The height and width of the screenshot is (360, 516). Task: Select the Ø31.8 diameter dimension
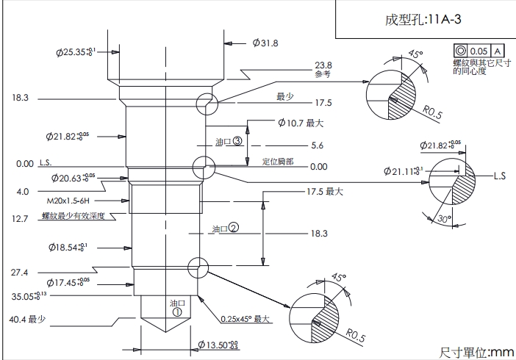pyautogui.click(x=265, y=43)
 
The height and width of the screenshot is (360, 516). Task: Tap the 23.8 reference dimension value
pyautogui.click(x=323, y=65)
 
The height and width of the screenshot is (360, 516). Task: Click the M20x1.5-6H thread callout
pyautogui.click(x=72, y=200)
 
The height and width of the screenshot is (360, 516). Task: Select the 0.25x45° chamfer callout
pyautogui.click(x=247, y=320)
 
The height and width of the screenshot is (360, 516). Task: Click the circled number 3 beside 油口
pyautogui.click(x=237, y=141)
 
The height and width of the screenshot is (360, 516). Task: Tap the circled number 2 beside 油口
pyautogui.click(x=233, y=228)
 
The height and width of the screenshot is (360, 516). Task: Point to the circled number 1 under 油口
pyautogui.click(x=177, y=311)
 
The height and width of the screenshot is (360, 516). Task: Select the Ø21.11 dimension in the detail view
pyautogui.click(x=404, y=171)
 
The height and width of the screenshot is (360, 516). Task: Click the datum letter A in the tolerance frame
pyautogui.click(x=498, y=51)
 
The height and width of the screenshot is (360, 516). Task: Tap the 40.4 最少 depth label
pyautogui.click(x=28, y=320)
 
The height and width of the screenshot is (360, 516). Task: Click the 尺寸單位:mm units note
pyautogui.click(x=476, y=352)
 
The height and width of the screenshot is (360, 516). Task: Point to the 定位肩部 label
pyautogui.click(x=278, y=161)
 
